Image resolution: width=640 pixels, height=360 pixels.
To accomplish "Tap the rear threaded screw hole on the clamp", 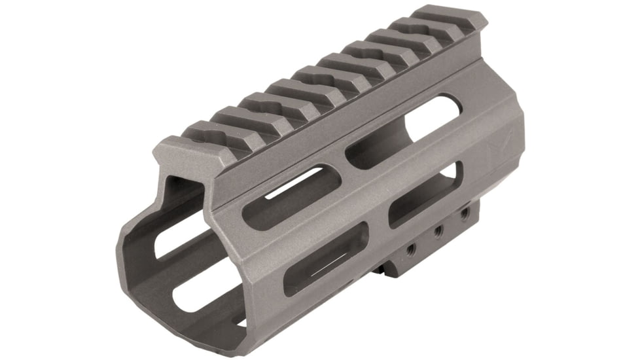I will (463, 214).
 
